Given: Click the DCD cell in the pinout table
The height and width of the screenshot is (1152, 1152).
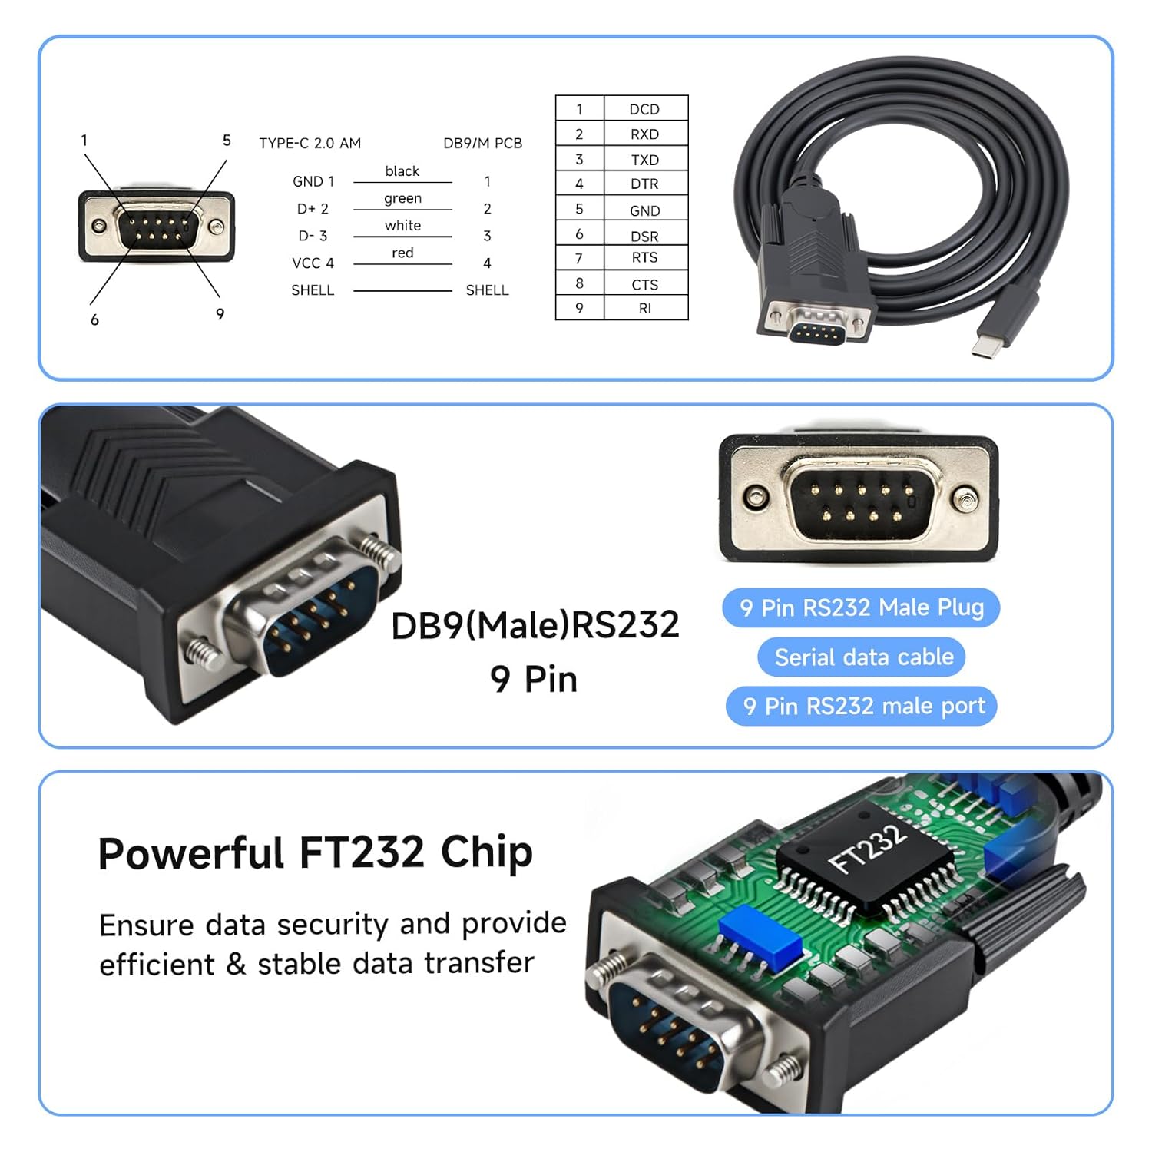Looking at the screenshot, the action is (645, 109).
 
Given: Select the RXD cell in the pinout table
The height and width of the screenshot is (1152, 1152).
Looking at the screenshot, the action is (645, 134).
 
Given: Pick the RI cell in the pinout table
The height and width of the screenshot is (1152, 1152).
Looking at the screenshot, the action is (645, 308).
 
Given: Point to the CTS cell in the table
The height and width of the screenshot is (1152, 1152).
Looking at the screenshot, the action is (645, 284).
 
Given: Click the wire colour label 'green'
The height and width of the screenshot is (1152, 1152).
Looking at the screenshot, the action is (403, 199).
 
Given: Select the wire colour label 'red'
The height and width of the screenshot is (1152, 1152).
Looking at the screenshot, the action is (402, 253).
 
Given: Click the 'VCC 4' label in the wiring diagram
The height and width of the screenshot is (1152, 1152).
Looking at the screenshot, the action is (313, 263).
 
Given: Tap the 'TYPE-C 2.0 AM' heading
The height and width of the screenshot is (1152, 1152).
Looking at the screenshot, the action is (310, 143).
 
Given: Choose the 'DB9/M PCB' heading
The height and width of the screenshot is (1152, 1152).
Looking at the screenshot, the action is (483, 143).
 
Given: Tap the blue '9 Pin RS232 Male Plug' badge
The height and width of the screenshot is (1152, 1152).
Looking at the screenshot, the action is (861, 608).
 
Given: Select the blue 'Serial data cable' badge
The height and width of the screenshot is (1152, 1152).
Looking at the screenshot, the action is (862, 657).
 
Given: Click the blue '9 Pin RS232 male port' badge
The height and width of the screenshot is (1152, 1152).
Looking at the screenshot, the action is (862, 706).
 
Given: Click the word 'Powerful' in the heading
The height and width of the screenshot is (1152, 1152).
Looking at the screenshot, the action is (190, 854).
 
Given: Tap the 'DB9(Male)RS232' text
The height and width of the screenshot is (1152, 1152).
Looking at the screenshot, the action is (535, 625).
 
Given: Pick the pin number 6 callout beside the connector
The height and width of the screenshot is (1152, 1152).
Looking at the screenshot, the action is (94, 319).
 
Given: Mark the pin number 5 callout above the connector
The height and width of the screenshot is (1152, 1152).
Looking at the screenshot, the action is (227, 141).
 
